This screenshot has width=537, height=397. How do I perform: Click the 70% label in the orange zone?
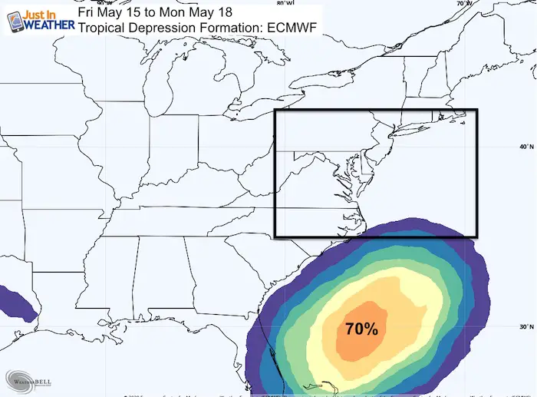coord(361,329)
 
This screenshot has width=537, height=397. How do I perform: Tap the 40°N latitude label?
coord(526,147)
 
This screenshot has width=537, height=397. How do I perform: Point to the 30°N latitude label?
coord(526,327)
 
